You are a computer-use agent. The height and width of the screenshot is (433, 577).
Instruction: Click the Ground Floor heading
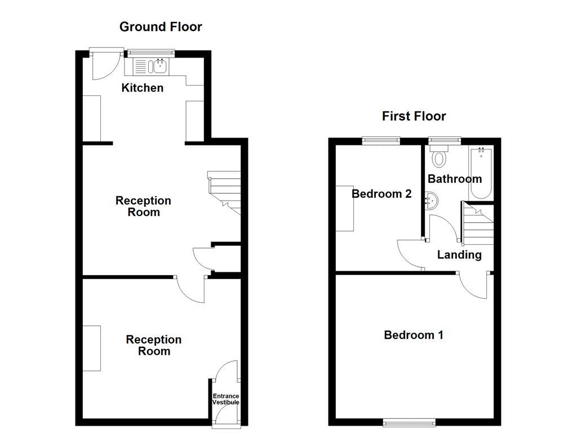pyautogui.click(x=161, y=26)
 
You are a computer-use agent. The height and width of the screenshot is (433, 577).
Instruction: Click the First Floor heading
pyautogui.click(x=414, y=116)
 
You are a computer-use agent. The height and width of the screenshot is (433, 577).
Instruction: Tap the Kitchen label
pyautogui.click(x=143, y=88)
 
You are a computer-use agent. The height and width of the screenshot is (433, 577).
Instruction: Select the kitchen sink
pyautogui.click(x=150, y=67)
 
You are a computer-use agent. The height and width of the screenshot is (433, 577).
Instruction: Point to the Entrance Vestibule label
pyautogui.click(x=225, y=400)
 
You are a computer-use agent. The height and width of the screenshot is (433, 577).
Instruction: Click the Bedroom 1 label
pyautogui.click(x=414, y=335)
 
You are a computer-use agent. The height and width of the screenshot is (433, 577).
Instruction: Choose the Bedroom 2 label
pyautogui.click(x=381, y=194)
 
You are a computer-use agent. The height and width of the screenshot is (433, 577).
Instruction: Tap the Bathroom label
pyautogui.click(x=455, y=179)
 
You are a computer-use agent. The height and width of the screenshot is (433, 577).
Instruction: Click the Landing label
pyautogui.click(x=459, y=255)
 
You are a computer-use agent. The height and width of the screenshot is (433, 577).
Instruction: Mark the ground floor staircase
pyautogui.click(x=225, y=192)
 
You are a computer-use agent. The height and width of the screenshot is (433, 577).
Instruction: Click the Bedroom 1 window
pyautogui.click(x=409, y=421)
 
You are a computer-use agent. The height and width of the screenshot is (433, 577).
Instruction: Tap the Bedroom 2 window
pyautogui.click(x=381, y=139)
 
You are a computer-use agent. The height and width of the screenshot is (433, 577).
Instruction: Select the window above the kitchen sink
pyautogui.click(x=151, y=53)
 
